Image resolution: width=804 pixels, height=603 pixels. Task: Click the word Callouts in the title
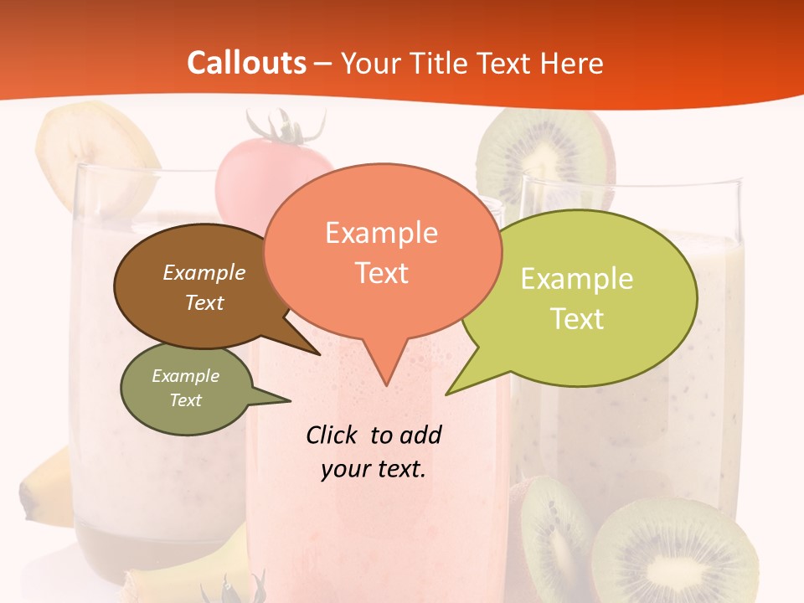[x=246, y=63]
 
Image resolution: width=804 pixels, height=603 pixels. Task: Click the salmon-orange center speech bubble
[x=381, y=251]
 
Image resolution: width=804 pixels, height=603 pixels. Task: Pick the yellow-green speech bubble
[x=586, y=293]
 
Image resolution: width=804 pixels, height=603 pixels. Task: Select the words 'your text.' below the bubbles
[x=374, y=469]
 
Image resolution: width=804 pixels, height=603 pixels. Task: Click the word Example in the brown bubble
[x=204, y=272]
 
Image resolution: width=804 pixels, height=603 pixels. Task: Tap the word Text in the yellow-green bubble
[x=578, y=318]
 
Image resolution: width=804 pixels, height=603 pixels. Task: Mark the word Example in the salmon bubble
[x=381, y=233]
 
